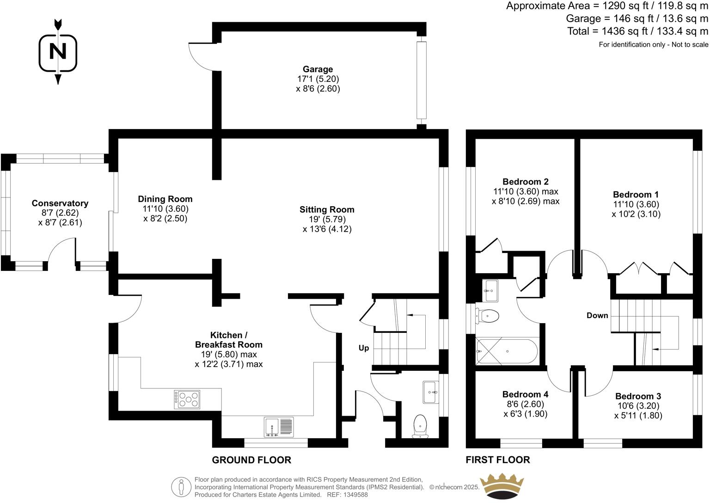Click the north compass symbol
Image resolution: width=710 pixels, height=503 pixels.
tap(58, 51)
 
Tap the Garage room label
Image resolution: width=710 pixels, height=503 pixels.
tap(318, 69)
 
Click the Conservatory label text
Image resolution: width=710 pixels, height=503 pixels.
tap(60, 203)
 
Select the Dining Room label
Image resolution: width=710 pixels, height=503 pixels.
tap(165, 199)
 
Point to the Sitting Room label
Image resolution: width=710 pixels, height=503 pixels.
tap(327, 209)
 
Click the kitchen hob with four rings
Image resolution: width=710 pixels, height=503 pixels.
tap(187, 399)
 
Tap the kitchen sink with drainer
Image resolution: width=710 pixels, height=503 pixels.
tap(279, 427)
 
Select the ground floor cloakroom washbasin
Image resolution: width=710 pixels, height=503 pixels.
tap(430, 392)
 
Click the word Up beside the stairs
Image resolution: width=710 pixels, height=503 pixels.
tap(364, 348)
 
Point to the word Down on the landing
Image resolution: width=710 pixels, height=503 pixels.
tap(597, 315)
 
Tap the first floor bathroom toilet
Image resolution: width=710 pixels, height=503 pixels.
tap(488, 316)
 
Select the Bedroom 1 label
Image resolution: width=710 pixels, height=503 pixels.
tap(636, 195)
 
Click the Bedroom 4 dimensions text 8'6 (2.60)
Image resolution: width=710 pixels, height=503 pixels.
tap(525, 404)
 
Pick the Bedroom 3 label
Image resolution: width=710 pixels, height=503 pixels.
tap(638, 396)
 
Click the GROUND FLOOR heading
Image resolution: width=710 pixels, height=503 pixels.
tap(251, 460)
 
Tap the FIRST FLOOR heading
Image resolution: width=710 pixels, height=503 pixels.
tap(497, 460)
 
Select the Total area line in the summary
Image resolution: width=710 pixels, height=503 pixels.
tap(637, 31)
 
